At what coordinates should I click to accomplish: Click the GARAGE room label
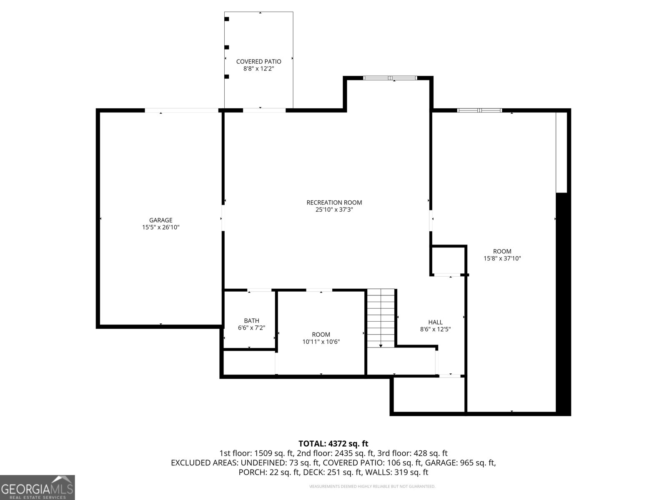click(160, 220)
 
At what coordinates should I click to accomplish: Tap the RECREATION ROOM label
click(334, 202)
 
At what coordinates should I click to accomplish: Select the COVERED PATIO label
click(258, 62)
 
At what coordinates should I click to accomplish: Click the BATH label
click(251, 320)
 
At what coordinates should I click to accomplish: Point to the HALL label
click(435, 322)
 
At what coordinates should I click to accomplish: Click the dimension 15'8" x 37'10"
click(502, 258)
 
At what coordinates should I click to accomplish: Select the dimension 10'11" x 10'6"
click(321, 342)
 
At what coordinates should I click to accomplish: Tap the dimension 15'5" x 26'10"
click(160, 227)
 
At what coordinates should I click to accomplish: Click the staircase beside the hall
click(381, 317)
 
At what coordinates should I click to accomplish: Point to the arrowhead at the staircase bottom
click(381, 346)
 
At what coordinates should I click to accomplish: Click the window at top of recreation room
click(390, 78)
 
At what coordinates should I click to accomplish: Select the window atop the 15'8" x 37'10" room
click(479, 110)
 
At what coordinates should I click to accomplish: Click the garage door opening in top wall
click(181, 110)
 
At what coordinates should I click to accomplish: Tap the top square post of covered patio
click(227, 19)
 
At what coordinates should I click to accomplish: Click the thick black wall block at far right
click(563, 304)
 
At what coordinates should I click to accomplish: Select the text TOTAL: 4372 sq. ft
click(333, 444)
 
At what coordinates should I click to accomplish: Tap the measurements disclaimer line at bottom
click(372, 486)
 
